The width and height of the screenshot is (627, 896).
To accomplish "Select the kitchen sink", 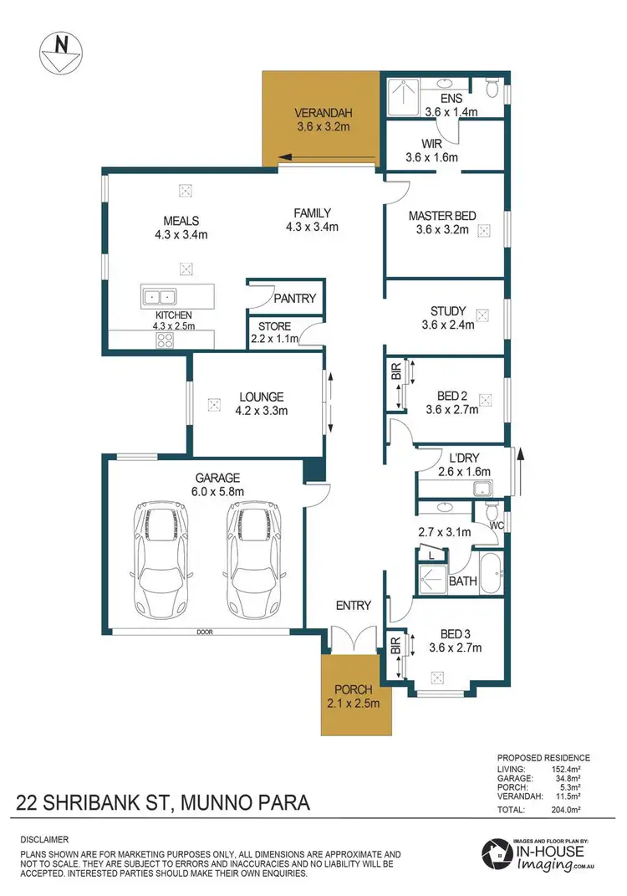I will [x=159, y=295].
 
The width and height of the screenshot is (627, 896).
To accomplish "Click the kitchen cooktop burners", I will [x=164, y=340].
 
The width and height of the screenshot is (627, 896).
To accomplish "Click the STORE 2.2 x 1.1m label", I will [x=274, y=333].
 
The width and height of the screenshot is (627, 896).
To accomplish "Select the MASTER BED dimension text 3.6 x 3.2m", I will [x=442, y=230].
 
